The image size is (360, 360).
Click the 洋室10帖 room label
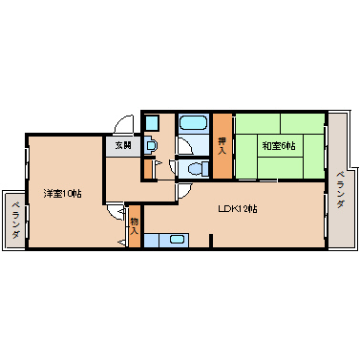tap(62, 193)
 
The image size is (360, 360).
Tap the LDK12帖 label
tap(238, 209)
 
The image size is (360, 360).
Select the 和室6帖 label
tap(279, 146)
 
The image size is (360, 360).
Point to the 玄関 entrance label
tap(123, 146)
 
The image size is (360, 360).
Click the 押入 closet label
tap(222, 146)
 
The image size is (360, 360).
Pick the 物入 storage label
tap(134, 226)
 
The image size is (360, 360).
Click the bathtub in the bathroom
tap(193, 122)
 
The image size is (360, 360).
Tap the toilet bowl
tap(195, 169)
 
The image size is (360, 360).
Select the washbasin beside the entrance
tap(151, 145)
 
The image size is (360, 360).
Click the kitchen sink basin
tap(177, 240)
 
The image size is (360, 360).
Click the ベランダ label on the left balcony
tap(15, 220)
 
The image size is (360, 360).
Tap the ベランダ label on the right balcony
tap(340, 190)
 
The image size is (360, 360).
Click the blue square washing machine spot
tap(152, 123)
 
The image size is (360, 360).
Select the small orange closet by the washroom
tap(148, 169)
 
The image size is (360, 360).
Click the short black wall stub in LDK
tap(211, 240)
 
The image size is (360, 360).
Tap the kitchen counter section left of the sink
tap(152, 241)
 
